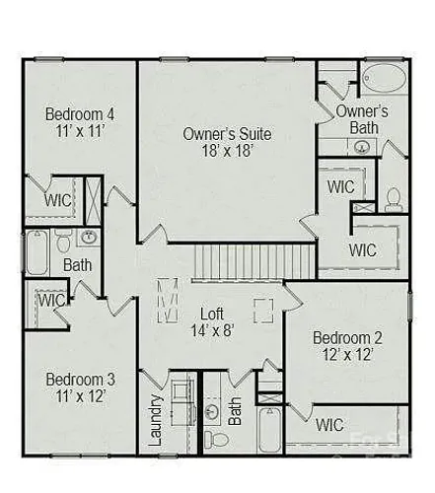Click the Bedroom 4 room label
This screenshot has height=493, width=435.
click(x=80, y=114)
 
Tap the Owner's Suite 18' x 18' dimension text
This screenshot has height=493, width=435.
click(x=227, y=151)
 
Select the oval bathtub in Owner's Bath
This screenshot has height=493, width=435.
click(x=384, y=78)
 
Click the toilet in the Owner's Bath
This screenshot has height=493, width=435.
click(x=393, y=200)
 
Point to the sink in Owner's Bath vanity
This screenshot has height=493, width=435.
click(x=361, y=147)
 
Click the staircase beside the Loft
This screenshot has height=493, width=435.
click(x=254, y=261)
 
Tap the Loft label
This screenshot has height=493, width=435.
click(x=212, y=314)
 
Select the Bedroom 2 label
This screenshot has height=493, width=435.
click(x=347, y=338)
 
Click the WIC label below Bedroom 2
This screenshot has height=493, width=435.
click(x=329, y=425)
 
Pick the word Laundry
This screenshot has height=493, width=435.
click(x=156, y=420)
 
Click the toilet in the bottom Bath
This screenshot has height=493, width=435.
click(x=216, y=439)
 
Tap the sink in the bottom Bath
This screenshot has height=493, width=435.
click(x=212, y=412)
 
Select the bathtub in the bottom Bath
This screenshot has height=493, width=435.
click(x=269, y=430)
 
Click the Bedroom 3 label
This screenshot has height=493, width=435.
click(x=81, y=379)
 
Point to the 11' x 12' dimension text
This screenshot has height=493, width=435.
click(x=81, y=396)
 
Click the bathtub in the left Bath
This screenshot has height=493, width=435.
click(x=36, y=252)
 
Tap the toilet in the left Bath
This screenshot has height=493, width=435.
click(x=63, y=241)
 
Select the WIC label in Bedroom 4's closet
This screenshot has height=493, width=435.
click(x=58, y=200)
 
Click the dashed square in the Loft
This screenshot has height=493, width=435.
click(x=263, y=311)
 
